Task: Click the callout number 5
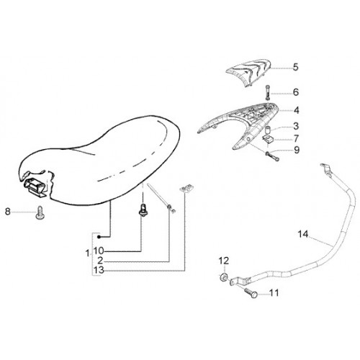pyautogui.click(x=296, y=67)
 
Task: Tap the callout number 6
pyautogui.click(x=296, y=92)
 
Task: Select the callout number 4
pyautogui.click(x=297, y=110)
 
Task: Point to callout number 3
pyautogui.click(x=296, y=126)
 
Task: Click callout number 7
pyautogui.click(x=296, y=138)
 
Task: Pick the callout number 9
pyautogui.click(x=297, y=150)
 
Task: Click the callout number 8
pyautogui.click(x=8, y=212)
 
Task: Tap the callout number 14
pyautogui.click(x=303, y=234)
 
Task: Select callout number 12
pyautogui.click(x=224, y=261)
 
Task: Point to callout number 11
pyautogui.click(x=274, y=293)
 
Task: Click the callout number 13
pyautogui.click(x=99, y=270)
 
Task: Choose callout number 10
pyautogui.click(x=99, y=251)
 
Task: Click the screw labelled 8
pyautogui.click(x=40, y=213)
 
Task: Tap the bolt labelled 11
pyautogui.click(x=251, y=292)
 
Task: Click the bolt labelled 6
pyautogui.click(x=268, y=93)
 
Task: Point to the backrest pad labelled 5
pyautogui.click(x=249, y=71)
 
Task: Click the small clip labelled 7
pyautogui.click(x=266, y=138)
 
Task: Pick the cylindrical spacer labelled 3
pyautogui.click(x=268, y=129)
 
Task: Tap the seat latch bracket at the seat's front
pyautogui.click(x=34, y=186)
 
